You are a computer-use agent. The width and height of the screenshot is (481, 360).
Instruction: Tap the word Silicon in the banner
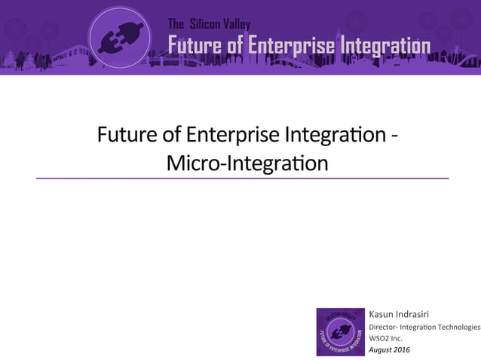click(x=205, y=25)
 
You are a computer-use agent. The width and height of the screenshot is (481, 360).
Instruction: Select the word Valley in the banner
click(x=237, y=25)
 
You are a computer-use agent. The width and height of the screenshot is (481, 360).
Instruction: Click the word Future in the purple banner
click(x=195, y=46)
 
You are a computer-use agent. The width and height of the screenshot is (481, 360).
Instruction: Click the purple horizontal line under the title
click(x=241, y=178)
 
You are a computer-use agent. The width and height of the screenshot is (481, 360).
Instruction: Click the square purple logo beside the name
click(x=340, y=331)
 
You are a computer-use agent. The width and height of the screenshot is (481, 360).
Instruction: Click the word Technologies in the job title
click(x=455, y=327)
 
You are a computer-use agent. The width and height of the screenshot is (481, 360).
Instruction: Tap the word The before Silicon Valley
click(x=176, y=25)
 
